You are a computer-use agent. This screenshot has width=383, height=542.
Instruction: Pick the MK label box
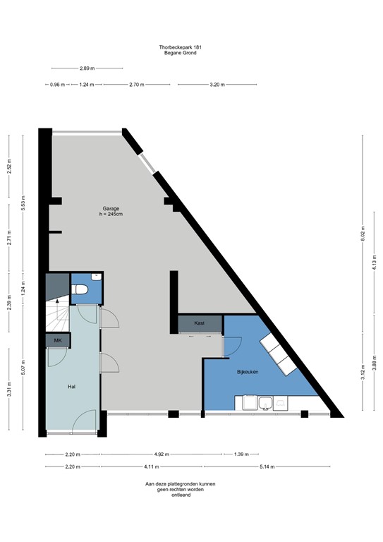[x=58, y=341]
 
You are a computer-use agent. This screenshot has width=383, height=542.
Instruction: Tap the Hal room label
[x=72, y=387]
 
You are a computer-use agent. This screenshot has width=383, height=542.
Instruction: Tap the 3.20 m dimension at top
[x=217, y=85]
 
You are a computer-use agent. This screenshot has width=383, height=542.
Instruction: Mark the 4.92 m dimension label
[x=162, y=454]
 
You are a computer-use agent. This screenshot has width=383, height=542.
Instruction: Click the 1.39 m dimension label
[x=241, y=454]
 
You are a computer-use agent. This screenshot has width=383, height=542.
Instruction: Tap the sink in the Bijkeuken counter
[x=266, y=403]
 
